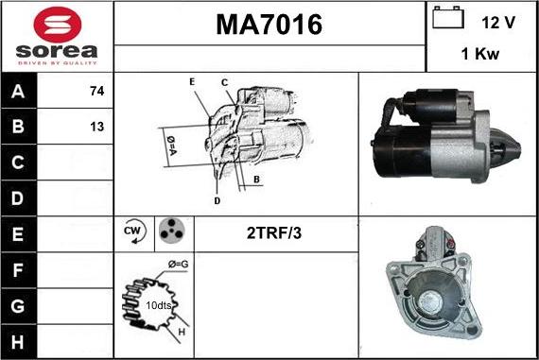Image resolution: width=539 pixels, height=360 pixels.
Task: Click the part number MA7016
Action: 269,26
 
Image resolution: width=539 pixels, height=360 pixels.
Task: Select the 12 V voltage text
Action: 498,21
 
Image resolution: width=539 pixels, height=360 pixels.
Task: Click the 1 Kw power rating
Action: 480,55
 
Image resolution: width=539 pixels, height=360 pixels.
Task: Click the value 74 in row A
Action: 96,92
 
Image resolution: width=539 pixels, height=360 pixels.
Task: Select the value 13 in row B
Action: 96,127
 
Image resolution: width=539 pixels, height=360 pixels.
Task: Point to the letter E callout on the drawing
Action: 191,82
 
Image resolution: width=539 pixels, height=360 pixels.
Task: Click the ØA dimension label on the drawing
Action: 171,144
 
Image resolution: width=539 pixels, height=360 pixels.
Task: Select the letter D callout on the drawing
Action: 217,200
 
